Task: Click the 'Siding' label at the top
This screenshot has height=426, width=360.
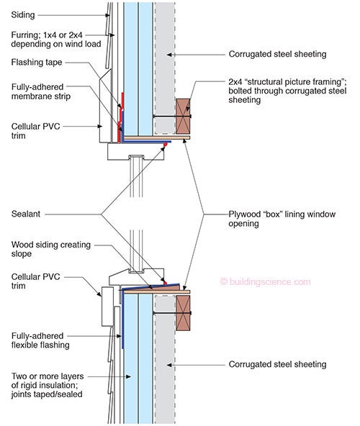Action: pyautogui.click(x=23, y=14)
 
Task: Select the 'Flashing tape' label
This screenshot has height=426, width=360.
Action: pyautogui.click(x=37, y=63)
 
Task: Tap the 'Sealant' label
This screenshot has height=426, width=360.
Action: pyautogui.click(x=25, y=214)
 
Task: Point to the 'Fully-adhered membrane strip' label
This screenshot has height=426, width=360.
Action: pyautogui.click(x=41, y=91)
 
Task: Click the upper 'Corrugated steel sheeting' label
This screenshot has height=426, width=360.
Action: pyautogui.click(x=277, y=54)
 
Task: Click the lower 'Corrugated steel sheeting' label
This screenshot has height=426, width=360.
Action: pyautogui.click(x=277, y=364)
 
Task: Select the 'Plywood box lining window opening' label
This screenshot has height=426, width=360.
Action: pyautogui.click(x=282, y=219)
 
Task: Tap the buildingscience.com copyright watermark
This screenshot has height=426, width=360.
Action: pyautogui.click(x=265, y=281)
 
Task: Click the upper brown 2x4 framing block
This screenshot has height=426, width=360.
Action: pyautogui.click(x=183, y=117)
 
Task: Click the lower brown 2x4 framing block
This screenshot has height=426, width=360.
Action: pyautogui.click(x=183, y=313)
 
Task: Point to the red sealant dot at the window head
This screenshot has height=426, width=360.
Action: pyautogui.click(x=164, y=145)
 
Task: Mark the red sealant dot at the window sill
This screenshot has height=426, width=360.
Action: pyautogui.click(x=165, y=283)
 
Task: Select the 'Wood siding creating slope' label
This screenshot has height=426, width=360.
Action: pyautogui.click(x=51, y=249)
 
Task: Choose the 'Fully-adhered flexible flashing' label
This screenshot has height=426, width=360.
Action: pyautogui.click(x=40, y=340)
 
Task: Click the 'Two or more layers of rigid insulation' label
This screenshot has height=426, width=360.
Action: pyautogui.click(x=48, y=385)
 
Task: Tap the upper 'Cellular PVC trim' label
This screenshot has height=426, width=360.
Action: pyautogui.click(x=35, y=131)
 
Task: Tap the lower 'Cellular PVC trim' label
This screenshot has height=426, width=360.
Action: pyautogui.click(x=35, y=281)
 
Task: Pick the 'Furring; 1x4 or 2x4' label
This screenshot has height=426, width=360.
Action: pyautogui.click(x=56, y=40)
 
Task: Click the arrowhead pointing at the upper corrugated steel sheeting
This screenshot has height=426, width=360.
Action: pyautogui.click(x=169, y=55)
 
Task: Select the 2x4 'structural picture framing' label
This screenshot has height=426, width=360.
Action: pyautogui.click(x=287, y=91)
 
